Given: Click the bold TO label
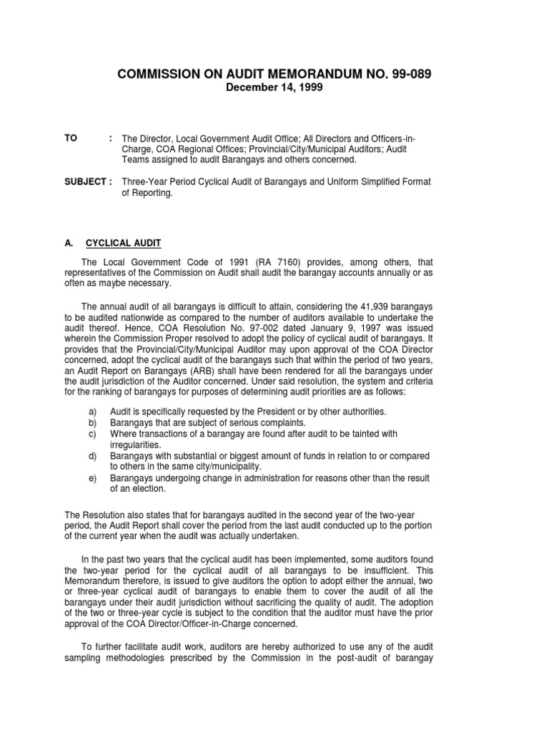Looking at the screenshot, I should coord(71,138).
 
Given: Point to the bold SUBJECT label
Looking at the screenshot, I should coord(85,182).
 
